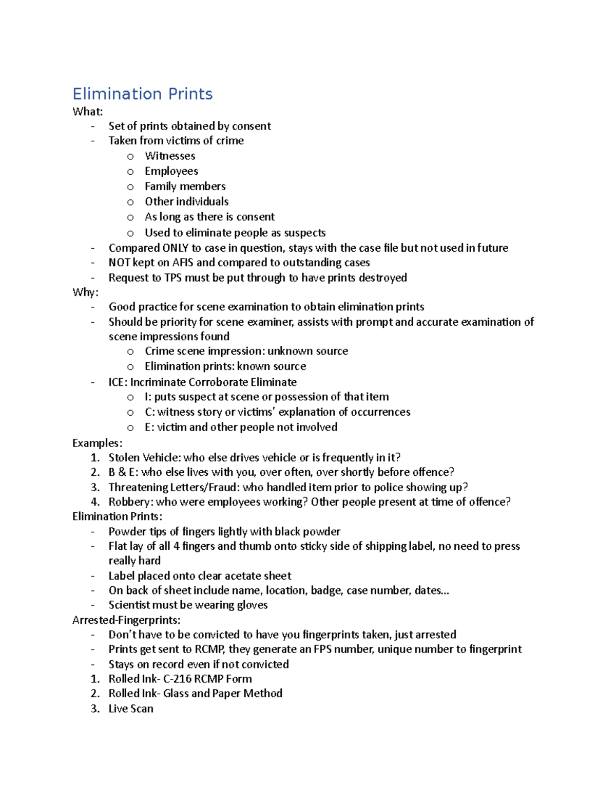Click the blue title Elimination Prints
(142, 94)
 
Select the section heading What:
(87, 112)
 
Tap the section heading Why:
(85, 292)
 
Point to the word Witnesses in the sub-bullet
(170, 156)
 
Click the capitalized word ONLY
(176, 248)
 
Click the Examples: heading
(97, 443)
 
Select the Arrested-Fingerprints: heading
(126, 620)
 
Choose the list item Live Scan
(131, 709)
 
